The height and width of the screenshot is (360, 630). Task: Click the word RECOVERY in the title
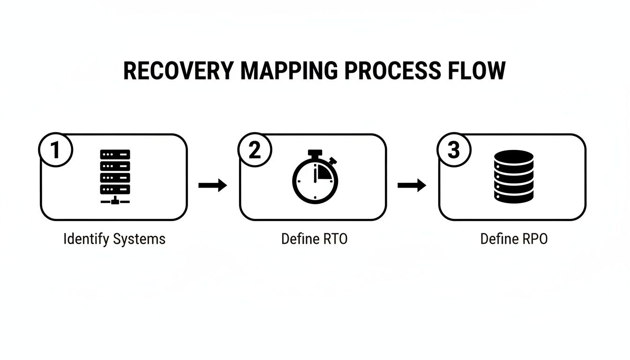[x=178, y=71]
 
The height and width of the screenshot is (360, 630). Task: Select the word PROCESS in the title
[x=392, y=71]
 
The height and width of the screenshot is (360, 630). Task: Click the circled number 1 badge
[x=55, y=150]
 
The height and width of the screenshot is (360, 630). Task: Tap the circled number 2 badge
[x=255, y=150]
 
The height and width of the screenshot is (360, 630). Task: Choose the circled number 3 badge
[x=454, y=150]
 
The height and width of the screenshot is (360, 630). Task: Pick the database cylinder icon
[x=514, y=177]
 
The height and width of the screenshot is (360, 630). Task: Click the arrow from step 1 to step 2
[x=213, y=186]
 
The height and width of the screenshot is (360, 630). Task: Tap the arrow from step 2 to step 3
[x=412, y=186]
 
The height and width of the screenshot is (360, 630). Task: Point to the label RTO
[x=336, y=239]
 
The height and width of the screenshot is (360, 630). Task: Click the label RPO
[x=535, y=239]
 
